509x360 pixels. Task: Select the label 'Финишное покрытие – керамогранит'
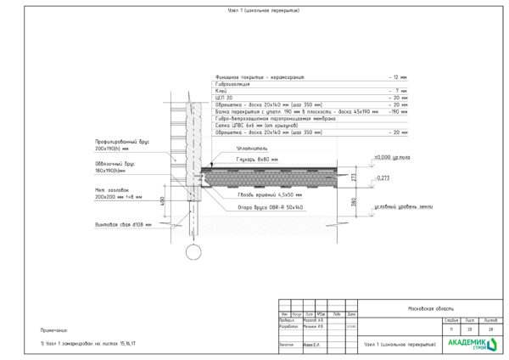(260, 77)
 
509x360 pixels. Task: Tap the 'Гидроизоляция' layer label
(234, 83)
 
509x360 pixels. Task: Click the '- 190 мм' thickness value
(398, 110)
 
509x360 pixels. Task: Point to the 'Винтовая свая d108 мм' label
(122, 225)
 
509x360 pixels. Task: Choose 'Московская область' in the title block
(431, 309)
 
